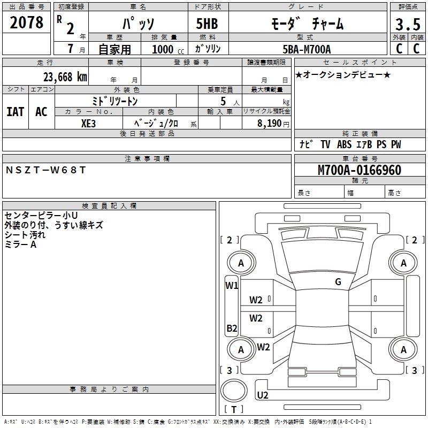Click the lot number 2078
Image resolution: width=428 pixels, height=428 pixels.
pos(27,22)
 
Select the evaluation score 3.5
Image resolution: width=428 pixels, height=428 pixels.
pos(407,25)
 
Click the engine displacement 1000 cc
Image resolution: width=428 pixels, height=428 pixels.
pos(166,49)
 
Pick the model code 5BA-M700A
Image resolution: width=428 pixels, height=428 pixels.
pos(307,49)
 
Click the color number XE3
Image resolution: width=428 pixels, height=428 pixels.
pos(89,123)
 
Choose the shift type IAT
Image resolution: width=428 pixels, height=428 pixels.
pos(16,111)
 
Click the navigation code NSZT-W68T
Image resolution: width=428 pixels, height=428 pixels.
pos(45,170)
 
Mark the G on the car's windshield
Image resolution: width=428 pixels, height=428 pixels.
pos(338,282)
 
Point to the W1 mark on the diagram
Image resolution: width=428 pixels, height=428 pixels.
pos(232,286)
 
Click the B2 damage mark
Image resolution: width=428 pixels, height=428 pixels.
pos(232,328)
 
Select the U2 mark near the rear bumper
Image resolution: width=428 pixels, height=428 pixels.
pos(263,395)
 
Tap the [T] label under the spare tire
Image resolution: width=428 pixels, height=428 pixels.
pos(234,410)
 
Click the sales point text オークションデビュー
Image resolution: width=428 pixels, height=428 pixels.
pos(343,74)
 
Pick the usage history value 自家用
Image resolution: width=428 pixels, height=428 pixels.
pos(114,49)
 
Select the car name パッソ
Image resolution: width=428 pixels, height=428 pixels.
pos(137,24)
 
